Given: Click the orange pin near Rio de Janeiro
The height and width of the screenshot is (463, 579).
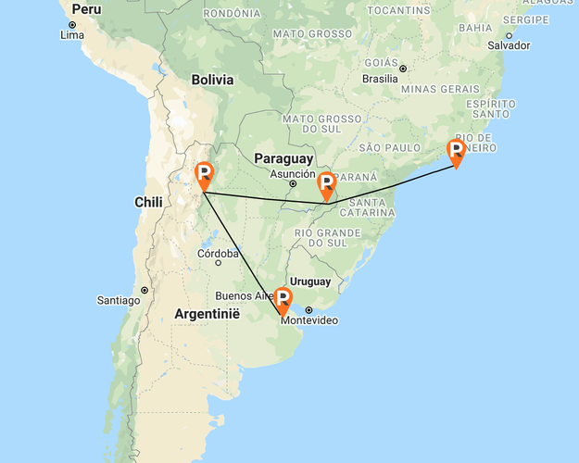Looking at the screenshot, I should tap(456, 151).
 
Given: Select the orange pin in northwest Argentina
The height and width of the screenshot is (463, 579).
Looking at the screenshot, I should tap(205, 174).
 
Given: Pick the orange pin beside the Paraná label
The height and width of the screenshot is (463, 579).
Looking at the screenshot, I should tap(326, 183).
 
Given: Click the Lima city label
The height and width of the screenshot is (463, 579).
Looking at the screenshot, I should tap(72, 35).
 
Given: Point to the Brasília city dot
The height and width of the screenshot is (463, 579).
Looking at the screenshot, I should tap(404, 68).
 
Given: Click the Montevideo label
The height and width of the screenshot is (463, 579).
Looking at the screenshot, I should tap(316, 320).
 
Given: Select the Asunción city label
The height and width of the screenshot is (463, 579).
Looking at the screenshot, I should tap(293, 173).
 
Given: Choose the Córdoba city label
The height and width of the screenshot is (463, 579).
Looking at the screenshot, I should tap(220, 254).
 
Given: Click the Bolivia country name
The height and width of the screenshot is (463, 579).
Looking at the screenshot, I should tap(212, 80).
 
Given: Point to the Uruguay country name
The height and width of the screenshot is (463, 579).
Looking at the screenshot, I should tap(310, 281).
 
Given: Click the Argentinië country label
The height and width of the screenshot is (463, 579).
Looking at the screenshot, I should tap(207, 315).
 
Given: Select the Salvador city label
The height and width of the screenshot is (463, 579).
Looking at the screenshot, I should tap(509, 45).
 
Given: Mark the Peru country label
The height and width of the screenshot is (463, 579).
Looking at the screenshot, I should tap(86, 9).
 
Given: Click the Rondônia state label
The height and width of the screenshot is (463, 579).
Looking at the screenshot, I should tap(233, 13).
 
